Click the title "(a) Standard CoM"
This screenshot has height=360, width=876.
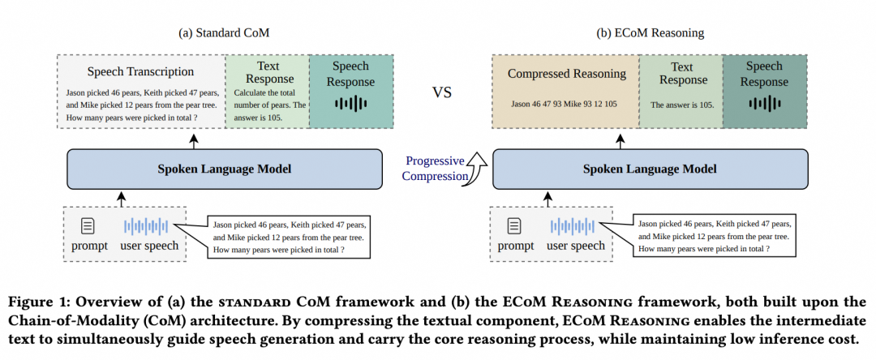[x=224, y=33]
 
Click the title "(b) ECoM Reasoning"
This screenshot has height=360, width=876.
[x=651, y=33]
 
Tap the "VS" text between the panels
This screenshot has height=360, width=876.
[x=441, y=92]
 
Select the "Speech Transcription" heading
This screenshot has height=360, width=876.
[x=140, y=71]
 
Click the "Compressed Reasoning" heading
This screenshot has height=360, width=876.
[x=566, y=74]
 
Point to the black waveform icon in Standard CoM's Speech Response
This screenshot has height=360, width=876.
[x=351, y=103]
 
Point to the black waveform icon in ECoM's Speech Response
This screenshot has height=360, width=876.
[x=764, y=103]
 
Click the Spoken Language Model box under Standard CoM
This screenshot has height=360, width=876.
[x=225, y=169]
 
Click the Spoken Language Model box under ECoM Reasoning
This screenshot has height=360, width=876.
[x=650, y=169]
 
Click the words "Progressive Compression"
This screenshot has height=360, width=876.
[x=435, y=169]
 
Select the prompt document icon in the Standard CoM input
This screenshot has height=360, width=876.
[x=88, y=226]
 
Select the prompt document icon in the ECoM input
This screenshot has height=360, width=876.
[x=514, y=226]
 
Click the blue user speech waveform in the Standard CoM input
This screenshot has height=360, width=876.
[x=146, y=226]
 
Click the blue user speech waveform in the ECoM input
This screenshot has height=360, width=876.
[x=572, y=226]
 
